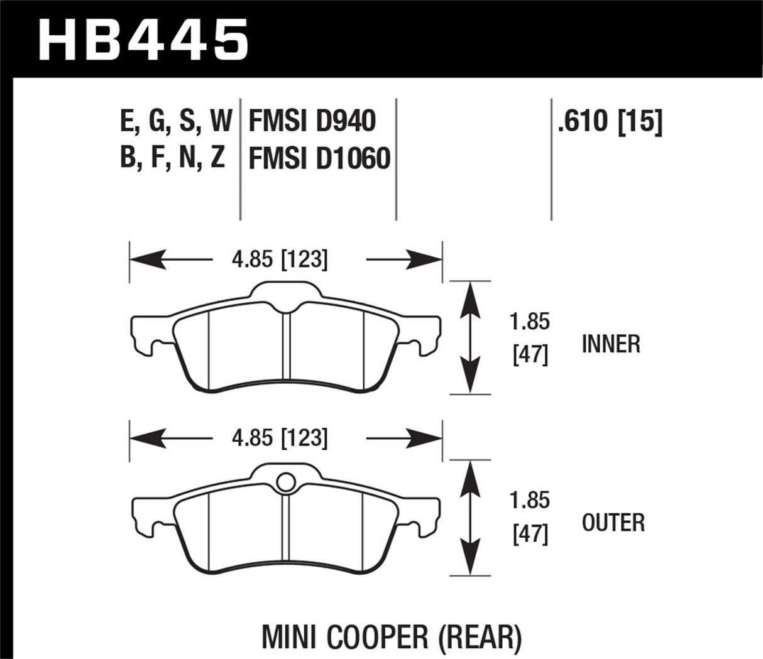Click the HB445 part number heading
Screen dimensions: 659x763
144,39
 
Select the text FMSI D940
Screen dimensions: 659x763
312,121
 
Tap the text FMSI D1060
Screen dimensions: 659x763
319,158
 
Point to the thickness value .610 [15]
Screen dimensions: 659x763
609,121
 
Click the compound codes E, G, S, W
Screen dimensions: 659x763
176,121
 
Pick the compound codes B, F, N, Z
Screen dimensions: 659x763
172,158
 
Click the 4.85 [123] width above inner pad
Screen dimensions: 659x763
280,259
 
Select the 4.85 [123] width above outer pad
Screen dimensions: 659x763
280,438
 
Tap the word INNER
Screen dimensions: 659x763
611,344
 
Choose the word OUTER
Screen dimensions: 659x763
613,523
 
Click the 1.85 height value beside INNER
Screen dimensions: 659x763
530,322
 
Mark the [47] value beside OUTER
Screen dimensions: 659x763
530,535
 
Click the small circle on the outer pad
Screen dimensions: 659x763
285,482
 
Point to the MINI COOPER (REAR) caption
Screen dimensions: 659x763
391,637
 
